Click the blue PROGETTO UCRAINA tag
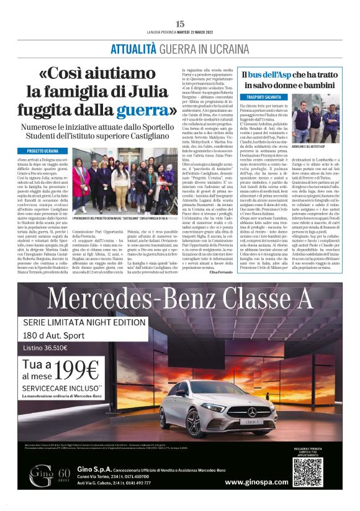(x=43, y=151)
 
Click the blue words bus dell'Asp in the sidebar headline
(x=273, y=75)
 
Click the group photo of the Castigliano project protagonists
(x=122, y=176)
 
